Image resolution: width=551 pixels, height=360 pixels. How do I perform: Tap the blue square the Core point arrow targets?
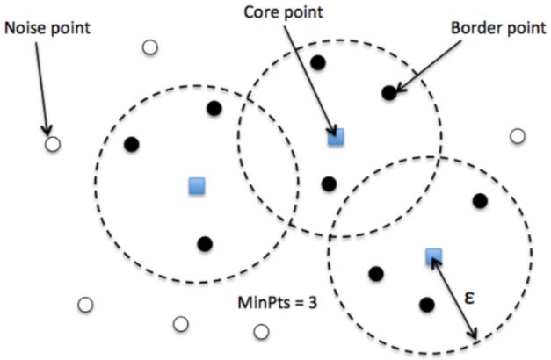click(335, 136)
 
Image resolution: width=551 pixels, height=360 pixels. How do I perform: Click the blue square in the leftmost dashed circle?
click(197, 185)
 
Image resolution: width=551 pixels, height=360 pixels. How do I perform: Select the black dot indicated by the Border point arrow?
click(388, 92)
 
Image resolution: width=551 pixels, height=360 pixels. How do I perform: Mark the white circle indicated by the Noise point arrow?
click(52, 144)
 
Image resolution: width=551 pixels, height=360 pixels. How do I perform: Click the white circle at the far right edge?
click(518, 136)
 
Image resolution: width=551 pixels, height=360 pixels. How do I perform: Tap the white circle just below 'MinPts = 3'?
click(261, 331)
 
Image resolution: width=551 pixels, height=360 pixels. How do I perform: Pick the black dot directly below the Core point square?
click(329, 184)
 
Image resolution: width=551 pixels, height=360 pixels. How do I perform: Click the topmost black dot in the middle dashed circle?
click(318, 62)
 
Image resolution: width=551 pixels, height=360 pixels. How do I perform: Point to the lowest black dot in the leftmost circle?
click(205, 244)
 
